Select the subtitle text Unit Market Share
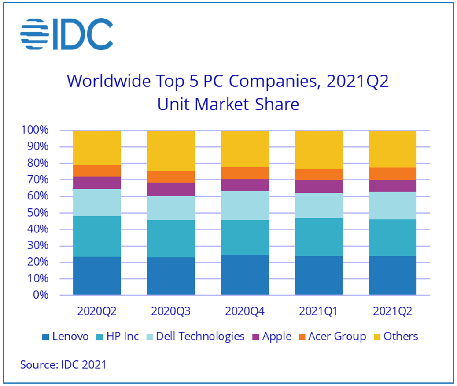tap(228, 105)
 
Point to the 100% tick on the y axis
tap(34, 131)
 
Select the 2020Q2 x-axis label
tap(97, 311)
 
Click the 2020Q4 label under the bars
tap(245, 311)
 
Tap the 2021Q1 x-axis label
tap(318, 311)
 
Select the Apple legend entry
tap(272, 337)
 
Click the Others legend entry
tap(395, 337)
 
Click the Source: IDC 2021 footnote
tap(63, 365)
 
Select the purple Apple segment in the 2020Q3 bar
tap(171, 189)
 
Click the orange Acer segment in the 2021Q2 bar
tap(393, 173)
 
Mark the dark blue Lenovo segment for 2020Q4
tap(245, 274)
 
